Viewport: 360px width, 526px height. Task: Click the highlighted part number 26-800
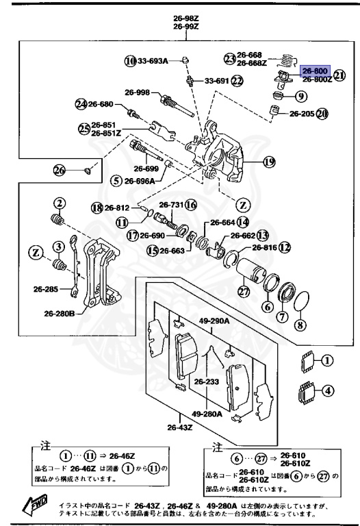[316, 71]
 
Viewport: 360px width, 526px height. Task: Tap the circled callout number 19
[269, 162]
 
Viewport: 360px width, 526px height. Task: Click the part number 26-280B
[61, 314]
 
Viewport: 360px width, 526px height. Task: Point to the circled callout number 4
[328, 392]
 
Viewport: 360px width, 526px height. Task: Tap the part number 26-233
[206, 381]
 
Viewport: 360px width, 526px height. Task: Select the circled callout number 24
[81, 104]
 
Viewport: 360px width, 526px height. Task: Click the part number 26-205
[301, 114]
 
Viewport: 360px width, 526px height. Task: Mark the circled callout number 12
[285, 247]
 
